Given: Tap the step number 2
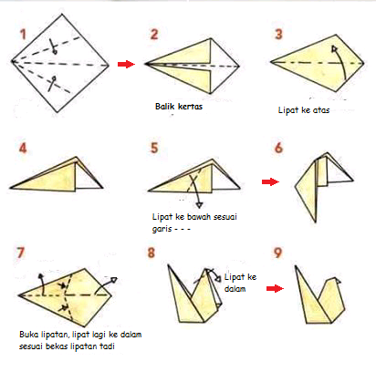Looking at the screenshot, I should click(154, 34).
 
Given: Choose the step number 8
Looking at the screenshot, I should click(154, 254).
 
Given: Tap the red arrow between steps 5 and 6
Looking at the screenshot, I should click(267, 182).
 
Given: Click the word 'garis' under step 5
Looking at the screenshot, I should click(163, 230).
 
